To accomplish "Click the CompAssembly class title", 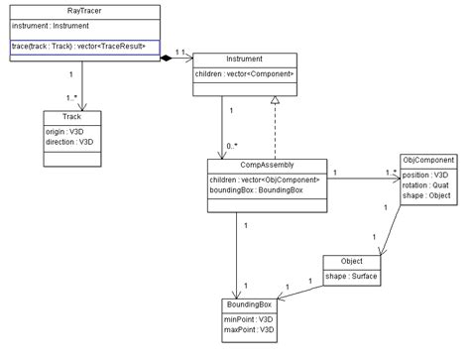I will (x=268, y=165).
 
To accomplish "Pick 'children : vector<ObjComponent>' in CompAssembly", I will (x=265, y=180).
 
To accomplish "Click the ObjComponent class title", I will (x=427, y=159).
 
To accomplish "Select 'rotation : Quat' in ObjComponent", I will (x=423, y=183).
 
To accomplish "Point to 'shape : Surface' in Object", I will (x=350, y=275).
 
